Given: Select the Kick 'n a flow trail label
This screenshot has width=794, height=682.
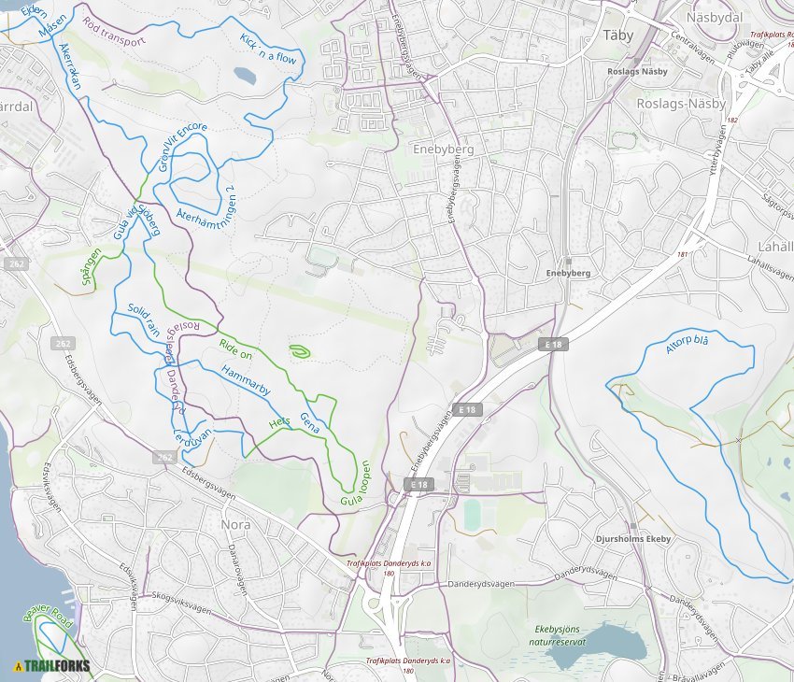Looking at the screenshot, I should point(268,45).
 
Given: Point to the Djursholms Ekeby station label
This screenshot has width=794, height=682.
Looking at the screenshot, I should point(633,539).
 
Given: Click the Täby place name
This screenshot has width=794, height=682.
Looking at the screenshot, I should point(618,35).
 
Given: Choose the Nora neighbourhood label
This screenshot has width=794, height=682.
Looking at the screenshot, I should point(235,524).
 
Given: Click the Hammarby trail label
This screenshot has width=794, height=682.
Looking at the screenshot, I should point(247,383).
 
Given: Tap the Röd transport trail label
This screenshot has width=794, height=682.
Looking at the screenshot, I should point(114,31).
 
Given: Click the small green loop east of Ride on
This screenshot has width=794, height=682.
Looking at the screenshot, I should point(300,351).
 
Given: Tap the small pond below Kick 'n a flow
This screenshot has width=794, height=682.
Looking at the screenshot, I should point(245,75).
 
